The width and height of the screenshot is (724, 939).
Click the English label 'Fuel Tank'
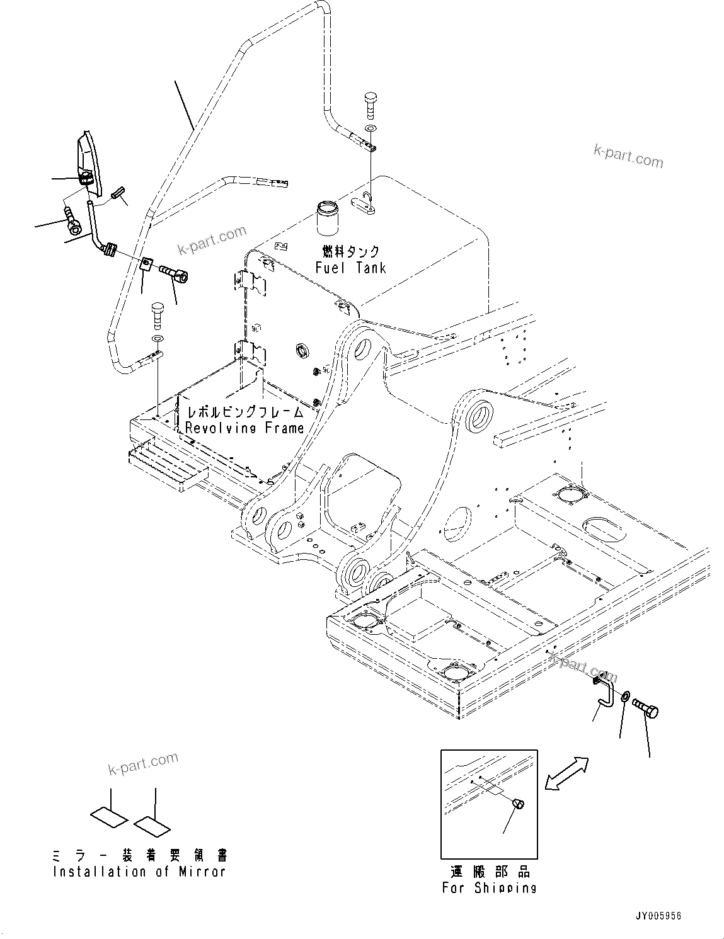click(x=350, y=268)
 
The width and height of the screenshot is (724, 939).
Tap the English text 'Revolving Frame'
click(x=244, y=428)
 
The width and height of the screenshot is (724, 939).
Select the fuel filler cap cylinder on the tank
click(x=327, y=217)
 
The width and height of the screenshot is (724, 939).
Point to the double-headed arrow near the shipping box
click(x=566, y=773)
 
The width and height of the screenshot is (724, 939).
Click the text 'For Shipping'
click(x=489, y=888)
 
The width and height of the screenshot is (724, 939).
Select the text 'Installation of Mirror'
click(x=139, y=872)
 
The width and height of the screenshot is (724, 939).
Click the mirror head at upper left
click(x=87, y=161)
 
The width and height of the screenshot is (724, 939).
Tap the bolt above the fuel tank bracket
click(x=369, y=105)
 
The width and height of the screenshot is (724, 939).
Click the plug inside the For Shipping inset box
click(x=519, y=804)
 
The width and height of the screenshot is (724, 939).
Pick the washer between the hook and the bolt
click(x=624, y=697)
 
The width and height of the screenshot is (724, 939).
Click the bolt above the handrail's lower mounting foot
click(x=156, y=314)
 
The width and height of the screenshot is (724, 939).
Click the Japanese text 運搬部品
click(x=490, y=872)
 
